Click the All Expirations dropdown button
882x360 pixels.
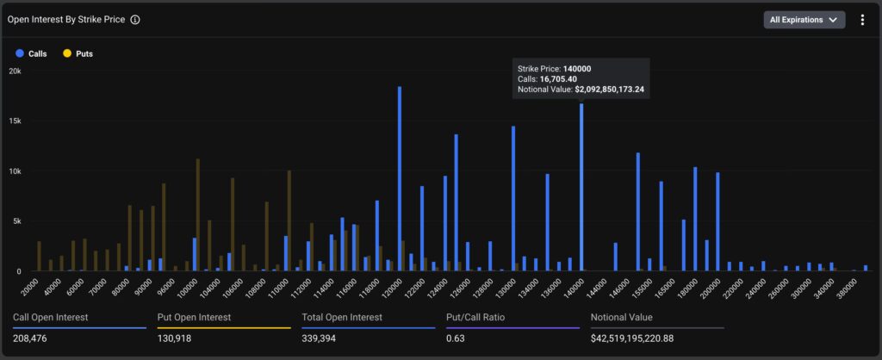tap(804, 20)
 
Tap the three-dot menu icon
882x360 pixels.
tap(862, 20)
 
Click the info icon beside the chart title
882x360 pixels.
tap(135, 20)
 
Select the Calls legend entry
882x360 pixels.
tap(31, 53)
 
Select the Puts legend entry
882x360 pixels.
tap(78, 53)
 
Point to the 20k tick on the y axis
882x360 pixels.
tap(16, 71)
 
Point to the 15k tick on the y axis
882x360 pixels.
tap(16, 121)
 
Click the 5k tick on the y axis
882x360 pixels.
tap(16, 221)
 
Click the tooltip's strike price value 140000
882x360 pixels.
tap(576, 68)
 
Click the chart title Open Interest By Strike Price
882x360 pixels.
tap(65, 20)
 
